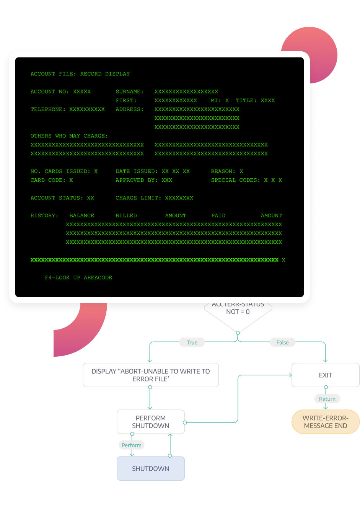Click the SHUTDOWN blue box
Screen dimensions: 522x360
click(x=151, y=468)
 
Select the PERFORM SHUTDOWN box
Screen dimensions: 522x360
click(x=151, y=422)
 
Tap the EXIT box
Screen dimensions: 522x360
click(x=325, y=375)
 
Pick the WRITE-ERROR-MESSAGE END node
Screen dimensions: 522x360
click(x=325, y=422)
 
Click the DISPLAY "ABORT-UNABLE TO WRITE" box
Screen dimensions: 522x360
click(x=151, y=375)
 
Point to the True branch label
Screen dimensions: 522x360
click(x=192, y=343)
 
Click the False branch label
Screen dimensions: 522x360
click(x=282, y=343)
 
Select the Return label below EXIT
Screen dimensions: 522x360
click(x=327, y=399)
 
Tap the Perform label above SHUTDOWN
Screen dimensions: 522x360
click(x=131, y=445)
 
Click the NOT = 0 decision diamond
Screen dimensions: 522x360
click(x=238, y=314)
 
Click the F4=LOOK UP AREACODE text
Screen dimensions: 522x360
click(x=78, y=277)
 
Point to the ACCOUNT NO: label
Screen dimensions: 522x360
click(x=50, y=91)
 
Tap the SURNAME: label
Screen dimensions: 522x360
click(x=130, y=91)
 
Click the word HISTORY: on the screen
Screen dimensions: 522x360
click(x=44, y=215)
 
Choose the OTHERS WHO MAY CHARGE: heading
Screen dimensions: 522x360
click(x=69, y=136)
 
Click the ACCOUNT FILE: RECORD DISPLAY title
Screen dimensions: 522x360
click(x=80, y=74)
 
